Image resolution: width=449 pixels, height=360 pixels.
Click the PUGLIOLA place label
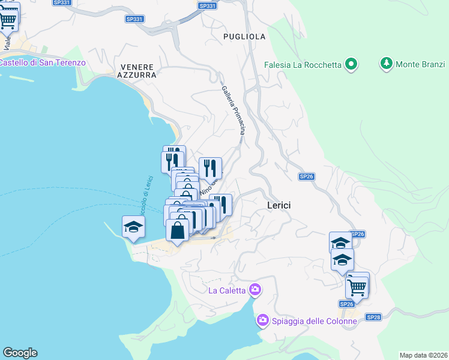(244, 37)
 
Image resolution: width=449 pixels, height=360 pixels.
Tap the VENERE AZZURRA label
(138, 71)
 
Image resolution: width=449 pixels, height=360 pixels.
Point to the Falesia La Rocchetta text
(303, 65)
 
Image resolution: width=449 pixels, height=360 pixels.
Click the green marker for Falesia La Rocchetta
(351, 64)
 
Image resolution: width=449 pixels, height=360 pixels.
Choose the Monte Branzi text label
(420, 64)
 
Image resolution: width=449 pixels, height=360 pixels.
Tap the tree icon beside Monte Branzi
(386, 64)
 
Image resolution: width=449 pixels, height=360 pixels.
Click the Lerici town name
(279, 205)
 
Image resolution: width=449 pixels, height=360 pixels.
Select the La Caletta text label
(227, 291)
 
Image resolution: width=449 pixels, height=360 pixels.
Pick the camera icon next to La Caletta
(255, 290)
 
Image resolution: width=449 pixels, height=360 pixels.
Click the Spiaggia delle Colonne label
(315, 321)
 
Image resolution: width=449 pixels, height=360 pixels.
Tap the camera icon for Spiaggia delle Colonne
(262, 320)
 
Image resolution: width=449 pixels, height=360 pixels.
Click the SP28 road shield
(373, 317)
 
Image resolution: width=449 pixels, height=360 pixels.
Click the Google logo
(20, 353)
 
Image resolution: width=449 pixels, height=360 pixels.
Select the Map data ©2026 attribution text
(423, 355)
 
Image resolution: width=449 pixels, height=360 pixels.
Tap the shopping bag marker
(178, 230)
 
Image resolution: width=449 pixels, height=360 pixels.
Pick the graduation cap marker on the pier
(133, 227)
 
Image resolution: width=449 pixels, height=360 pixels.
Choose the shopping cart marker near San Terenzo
(7, 19)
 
